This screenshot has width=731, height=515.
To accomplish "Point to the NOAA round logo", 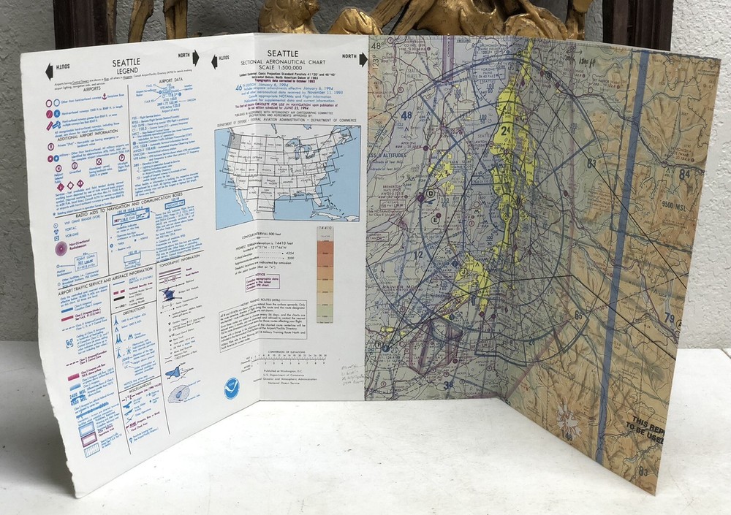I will (x=235, y=388).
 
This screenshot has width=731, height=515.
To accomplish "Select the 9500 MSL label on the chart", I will (x=675, y=205).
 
